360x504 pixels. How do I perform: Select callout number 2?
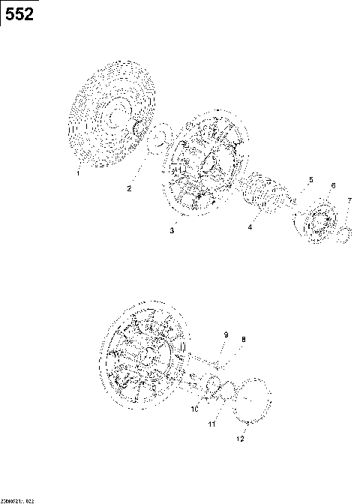point(128,188)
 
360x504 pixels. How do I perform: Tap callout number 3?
point(172,231)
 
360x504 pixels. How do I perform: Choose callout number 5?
point(310,180)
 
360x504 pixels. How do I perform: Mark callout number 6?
point(333,185)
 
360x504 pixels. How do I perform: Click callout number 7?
point(349,200)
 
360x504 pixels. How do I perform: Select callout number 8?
point(242,340)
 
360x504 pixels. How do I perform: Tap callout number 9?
point(224,334)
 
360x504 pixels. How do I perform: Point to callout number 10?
point(193,409)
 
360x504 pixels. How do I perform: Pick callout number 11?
point(211,424)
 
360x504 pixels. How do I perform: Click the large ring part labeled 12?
point(251,401)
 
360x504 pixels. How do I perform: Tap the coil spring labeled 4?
point(263,197)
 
